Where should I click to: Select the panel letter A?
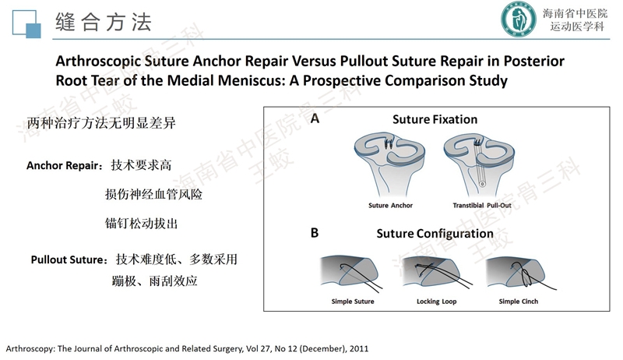[315, 119]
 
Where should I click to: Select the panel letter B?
[315, 232]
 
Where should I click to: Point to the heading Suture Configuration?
[435, 234]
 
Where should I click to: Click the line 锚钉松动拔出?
[141, 224]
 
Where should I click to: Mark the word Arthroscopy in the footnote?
[29, 348]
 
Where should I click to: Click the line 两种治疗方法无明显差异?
[92, 125]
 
